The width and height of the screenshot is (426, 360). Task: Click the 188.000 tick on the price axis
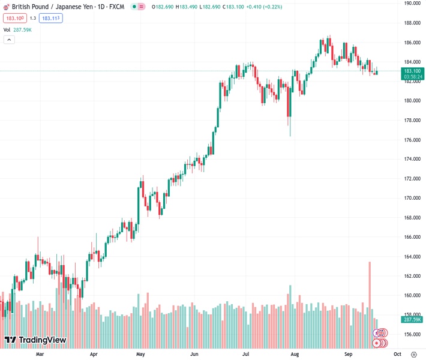click(x=412, y=23)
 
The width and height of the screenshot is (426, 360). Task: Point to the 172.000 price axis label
click(x=412, y=179)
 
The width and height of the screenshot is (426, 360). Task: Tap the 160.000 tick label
click(x=412, y=296)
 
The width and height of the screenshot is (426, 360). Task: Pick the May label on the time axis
click(x=140, y=354)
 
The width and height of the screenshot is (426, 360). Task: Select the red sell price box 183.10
click(x=14, y=18)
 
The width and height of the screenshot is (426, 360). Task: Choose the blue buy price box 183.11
click(x=51, y=18)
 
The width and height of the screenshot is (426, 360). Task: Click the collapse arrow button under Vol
click(x=9, y=40)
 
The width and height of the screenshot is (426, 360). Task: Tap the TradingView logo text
click(x=42, y=340)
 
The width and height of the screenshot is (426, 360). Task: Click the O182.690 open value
click(x=161, y=7)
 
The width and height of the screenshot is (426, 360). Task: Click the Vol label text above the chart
click(x=7, y=29)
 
